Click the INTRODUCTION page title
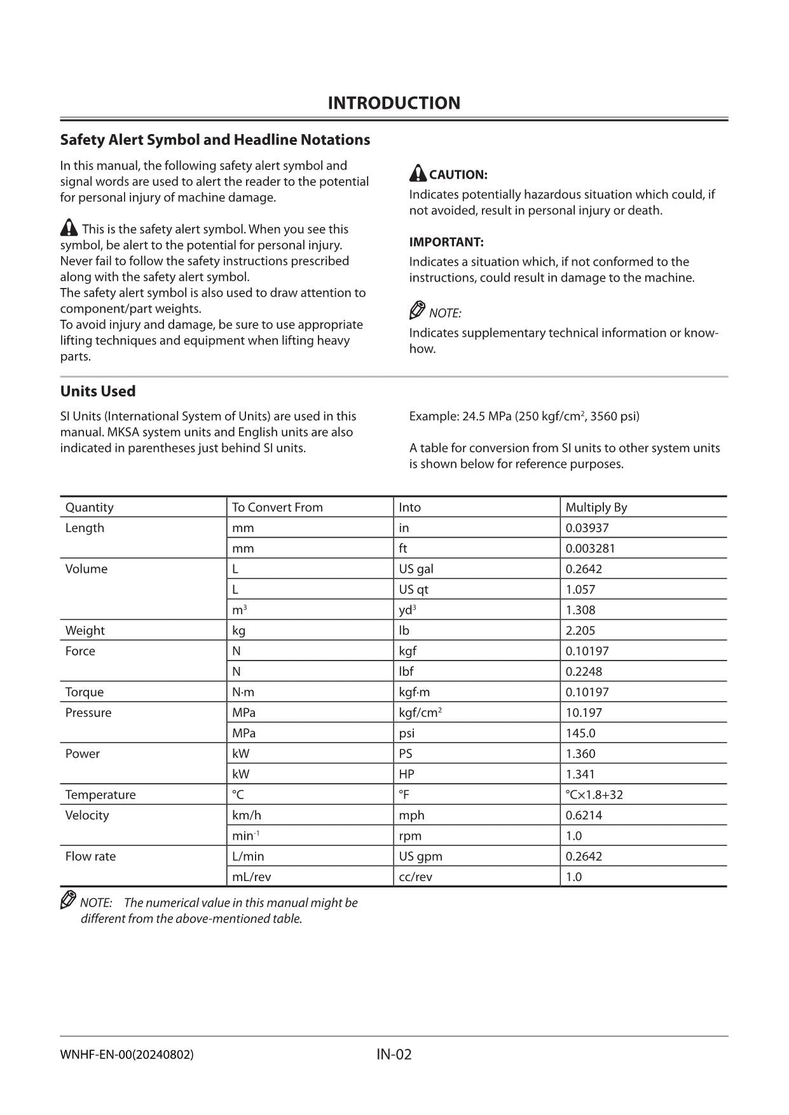394,103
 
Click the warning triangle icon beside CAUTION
418,173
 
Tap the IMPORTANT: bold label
446,242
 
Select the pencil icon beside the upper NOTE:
417,310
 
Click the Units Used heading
97,391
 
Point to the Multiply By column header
596,507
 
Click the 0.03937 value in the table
587,528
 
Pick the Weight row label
85,631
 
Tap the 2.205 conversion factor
580,631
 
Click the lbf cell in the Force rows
406,671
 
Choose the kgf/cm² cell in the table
420,713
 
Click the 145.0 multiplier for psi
580,733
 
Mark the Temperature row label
100,795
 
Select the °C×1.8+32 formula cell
594,795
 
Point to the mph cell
411,815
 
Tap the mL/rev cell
251,877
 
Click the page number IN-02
394,1055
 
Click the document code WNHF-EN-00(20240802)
127,1055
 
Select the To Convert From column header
277,507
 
